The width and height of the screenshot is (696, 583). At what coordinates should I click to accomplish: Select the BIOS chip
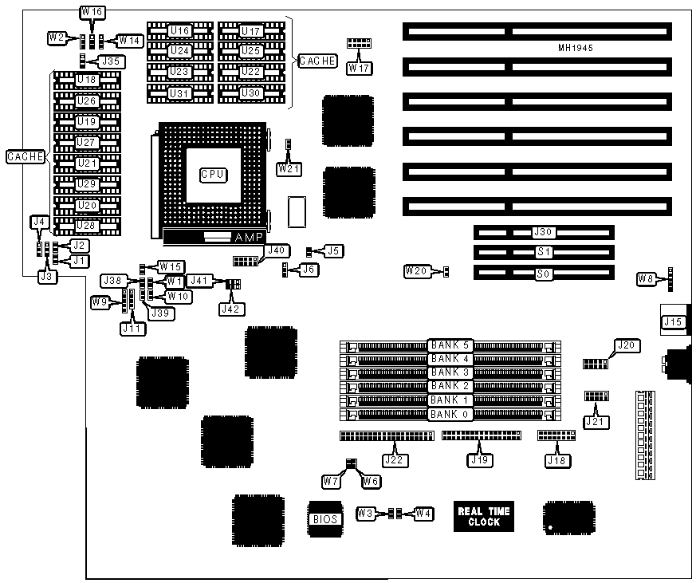(x=324, y=518)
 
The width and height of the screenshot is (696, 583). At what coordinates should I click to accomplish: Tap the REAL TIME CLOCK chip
(x=484, y=517)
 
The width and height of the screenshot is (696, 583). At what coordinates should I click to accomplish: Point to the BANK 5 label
(x=451, y=345)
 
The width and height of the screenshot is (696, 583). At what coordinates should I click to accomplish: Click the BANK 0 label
(x=451, y=414)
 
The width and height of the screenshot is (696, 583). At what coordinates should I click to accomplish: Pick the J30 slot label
(x=543, y=232)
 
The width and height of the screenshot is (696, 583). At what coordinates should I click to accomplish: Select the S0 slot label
(x=543, y=272)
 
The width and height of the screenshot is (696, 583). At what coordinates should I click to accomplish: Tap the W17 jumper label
(x=358, y=68)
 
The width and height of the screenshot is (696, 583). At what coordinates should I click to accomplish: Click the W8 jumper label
(x=647, y=278)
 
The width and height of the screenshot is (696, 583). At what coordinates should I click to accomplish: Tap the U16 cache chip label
(x=181, y=31)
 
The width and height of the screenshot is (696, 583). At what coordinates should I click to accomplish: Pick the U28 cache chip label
(x=87, y=226)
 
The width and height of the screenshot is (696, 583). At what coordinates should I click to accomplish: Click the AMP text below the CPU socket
(x=244, y=238)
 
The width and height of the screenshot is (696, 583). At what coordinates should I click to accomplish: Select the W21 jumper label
(x=288, y=169)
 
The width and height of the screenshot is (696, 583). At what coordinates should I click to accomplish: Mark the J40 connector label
(x=276, y=250)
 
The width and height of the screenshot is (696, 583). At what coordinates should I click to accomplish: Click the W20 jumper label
(x=415, y=271)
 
